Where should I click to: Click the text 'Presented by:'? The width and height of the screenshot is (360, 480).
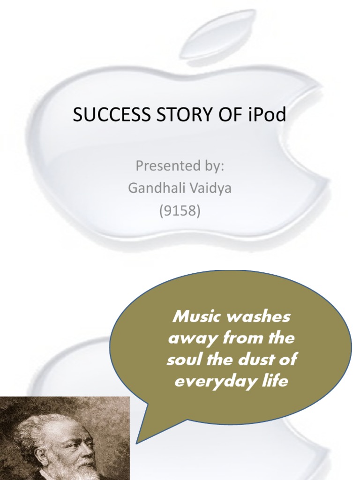point(180,165)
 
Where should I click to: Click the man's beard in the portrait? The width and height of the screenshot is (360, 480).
point(89,469)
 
